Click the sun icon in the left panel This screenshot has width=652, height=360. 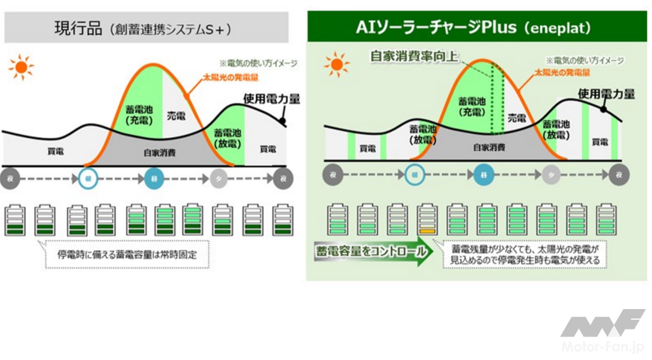[x=22, y=66]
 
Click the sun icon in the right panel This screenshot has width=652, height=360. [x=337, y=64]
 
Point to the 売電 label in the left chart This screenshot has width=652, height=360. [x=176, y=116]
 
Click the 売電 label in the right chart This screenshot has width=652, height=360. [x=516, y=118]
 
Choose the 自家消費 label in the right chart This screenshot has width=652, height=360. [x=488, y=147]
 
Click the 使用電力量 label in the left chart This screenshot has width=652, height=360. [x=271, y=99]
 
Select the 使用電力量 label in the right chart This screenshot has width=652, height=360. [x=606, y=94]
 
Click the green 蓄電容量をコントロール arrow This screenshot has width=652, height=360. [x=370, y=252]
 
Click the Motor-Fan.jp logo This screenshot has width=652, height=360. [x=602, y=331]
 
